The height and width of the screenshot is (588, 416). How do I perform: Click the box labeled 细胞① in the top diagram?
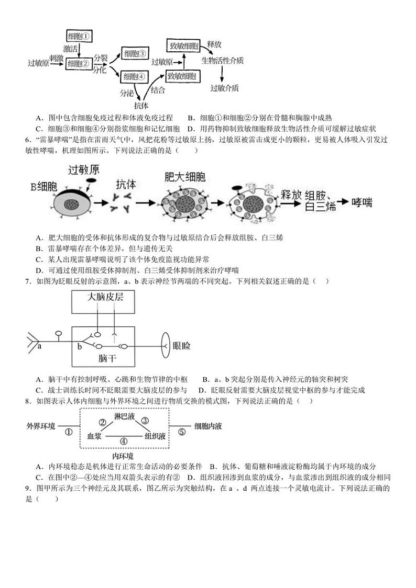79,36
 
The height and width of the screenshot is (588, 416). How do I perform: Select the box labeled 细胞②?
79,63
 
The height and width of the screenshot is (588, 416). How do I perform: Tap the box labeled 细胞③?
135,53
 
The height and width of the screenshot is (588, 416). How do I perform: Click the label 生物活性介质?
223,61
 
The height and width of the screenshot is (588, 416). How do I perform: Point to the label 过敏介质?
225,88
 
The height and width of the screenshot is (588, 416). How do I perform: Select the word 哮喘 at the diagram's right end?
364,202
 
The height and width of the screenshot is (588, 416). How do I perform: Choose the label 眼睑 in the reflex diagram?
181,346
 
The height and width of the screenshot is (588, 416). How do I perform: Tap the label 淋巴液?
124,414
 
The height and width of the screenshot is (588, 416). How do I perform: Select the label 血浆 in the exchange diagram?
94,435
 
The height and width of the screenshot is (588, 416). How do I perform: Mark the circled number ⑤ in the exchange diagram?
181,432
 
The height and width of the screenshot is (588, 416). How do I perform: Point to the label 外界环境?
40,426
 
